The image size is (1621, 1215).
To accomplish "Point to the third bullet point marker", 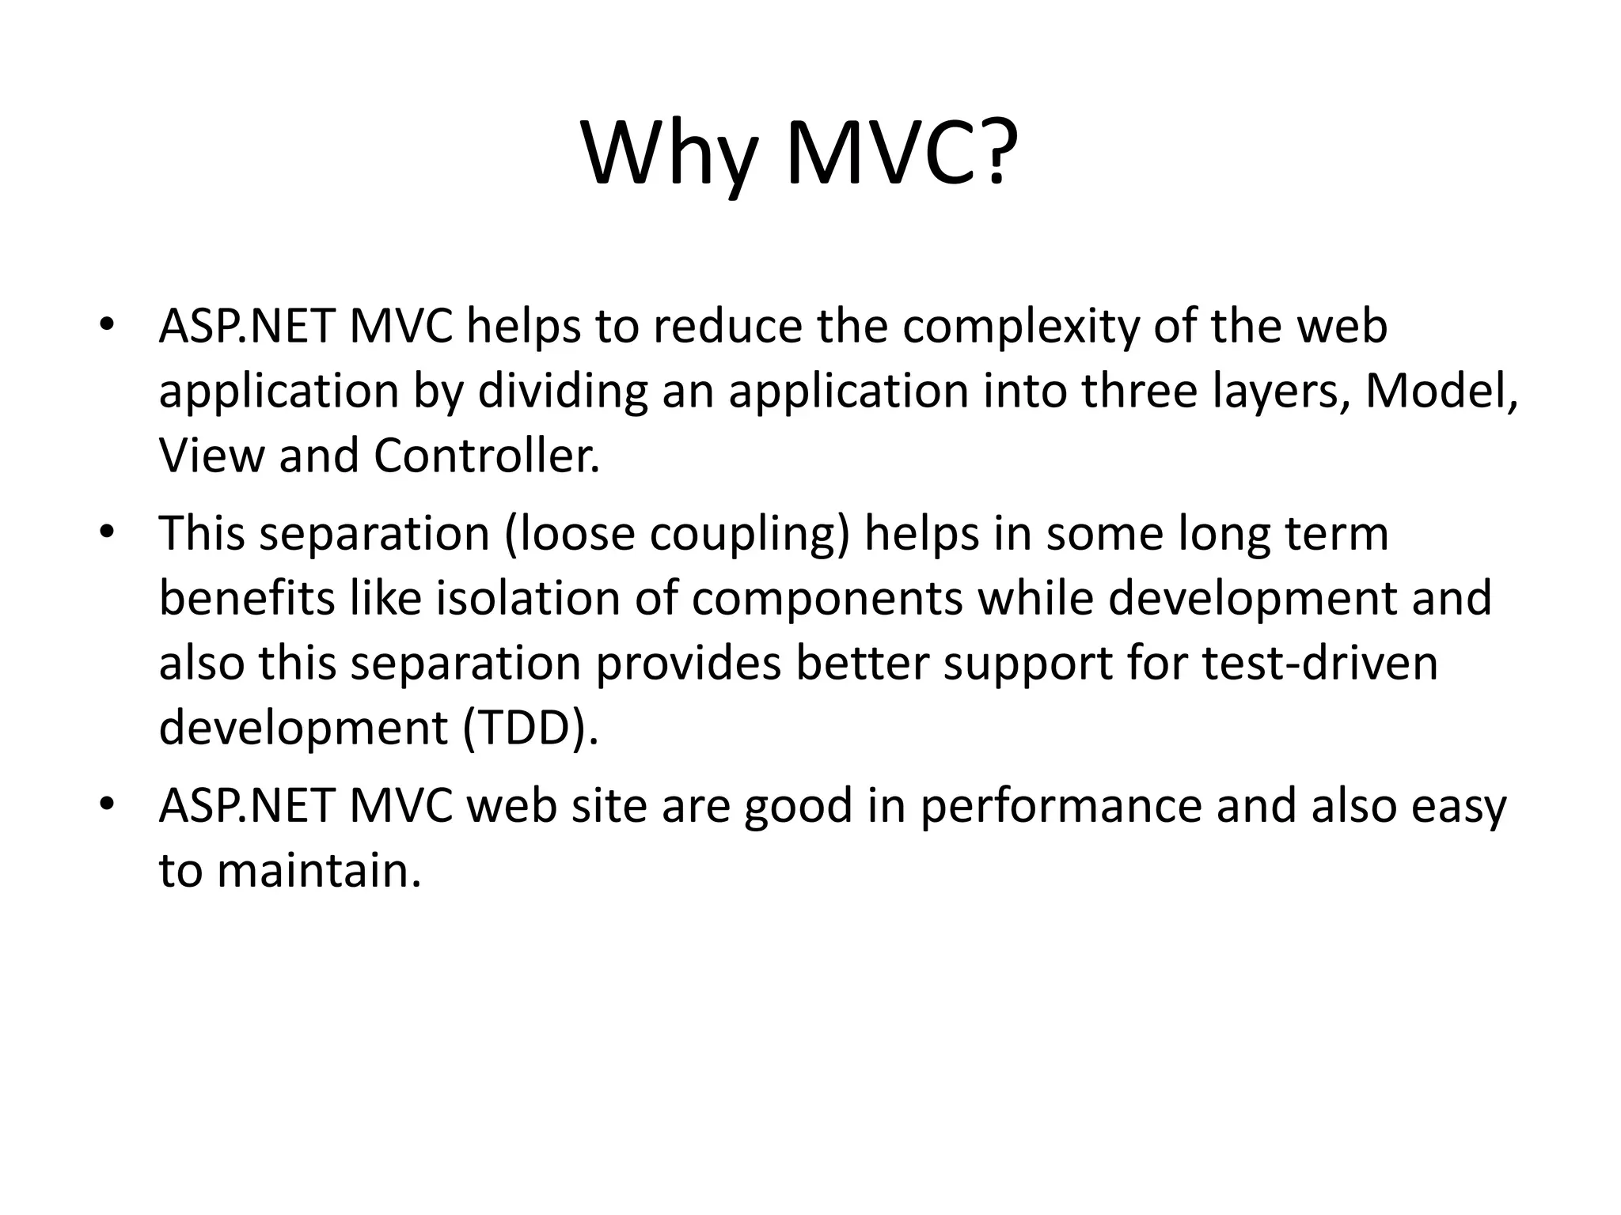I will [x=108, y=805].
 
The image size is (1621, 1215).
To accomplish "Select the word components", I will [x=827, y=600].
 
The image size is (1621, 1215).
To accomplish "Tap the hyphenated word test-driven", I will [x=1319, y=663].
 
